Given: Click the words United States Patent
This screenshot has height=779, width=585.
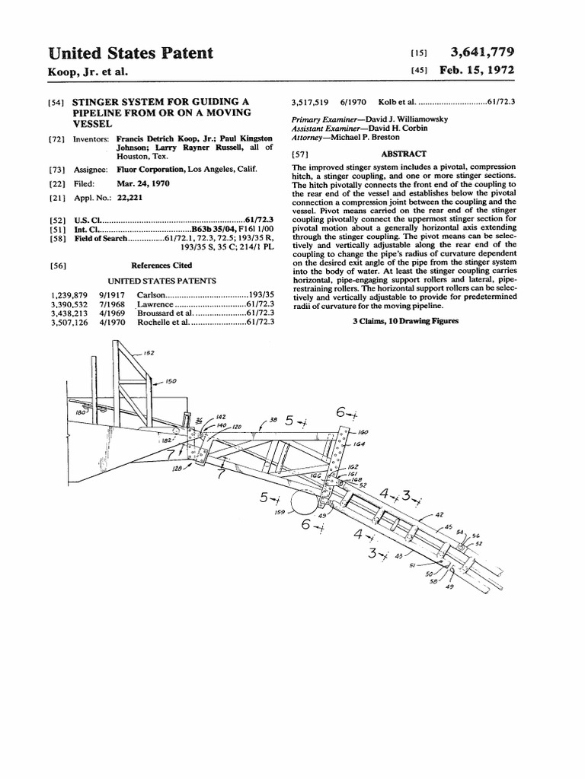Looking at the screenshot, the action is (x=130, y=53).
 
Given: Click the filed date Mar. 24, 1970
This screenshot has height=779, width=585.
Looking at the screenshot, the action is (x=143, y=184).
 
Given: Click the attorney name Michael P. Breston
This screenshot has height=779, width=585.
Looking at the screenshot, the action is (x=366, y=138).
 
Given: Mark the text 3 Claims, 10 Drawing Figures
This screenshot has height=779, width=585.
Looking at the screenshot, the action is (x=405, y=322).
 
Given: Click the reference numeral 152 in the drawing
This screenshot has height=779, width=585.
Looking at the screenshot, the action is (x=149, y=353).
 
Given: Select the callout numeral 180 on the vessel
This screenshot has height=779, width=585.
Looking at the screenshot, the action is (x=79, y=412).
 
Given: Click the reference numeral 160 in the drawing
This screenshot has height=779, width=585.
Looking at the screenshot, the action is (x=363, y=431).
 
